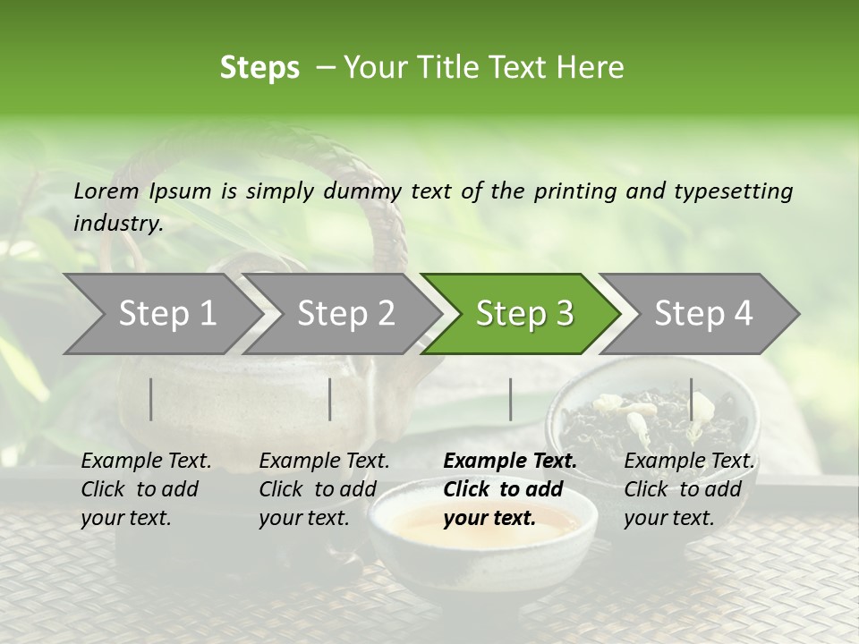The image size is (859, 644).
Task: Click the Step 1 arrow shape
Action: point(161,314)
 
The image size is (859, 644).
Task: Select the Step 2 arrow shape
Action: point(344,314)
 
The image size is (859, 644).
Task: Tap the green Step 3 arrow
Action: point(523,314)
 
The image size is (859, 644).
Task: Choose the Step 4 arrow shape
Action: point(702,314)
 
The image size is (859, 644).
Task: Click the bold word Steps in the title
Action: point(259,68)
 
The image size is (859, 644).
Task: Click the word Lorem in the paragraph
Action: point(106,191)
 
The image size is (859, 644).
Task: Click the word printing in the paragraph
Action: point(569,191)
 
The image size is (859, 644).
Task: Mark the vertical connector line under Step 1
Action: point(151,399)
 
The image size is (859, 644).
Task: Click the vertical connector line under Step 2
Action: point(330,399)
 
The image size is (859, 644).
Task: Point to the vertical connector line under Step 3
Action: point(510,399)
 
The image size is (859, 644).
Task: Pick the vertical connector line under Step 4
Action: point(691,399)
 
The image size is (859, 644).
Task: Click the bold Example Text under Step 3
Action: point(510,462)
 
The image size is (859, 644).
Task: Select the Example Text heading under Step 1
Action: point(146,462)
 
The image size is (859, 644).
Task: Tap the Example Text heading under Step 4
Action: point(689,462)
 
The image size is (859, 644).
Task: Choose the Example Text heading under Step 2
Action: point(324,462)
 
